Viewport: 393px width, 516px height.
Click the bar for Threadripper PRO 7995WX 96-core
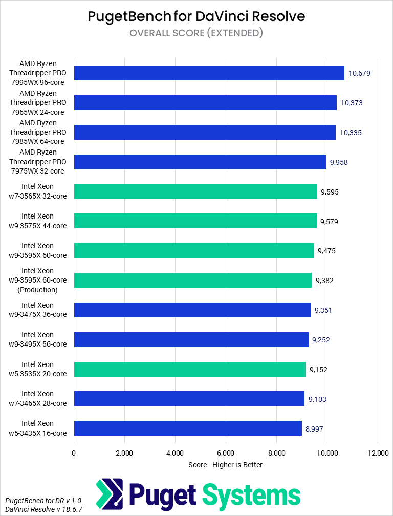point(209,73)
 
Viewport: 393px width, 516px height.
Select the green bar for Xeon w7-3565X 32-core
point(195,191)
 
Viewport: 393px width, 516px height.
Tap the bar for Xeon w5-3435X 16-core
point(188,428)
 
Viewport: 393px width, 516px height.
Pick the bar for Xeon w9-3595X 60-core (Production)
point(192,280)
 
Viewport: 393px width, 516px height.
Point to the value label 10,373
point(352,103)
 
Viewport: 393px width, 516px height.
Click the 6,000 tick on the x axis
point(226,453)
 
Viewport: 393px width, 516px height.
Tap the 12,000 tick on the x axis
point(377,453)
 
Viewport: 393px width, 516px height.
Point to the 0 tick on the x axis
point(74,453)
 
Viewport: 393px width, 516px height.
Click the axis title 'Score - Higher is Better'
point(226,465)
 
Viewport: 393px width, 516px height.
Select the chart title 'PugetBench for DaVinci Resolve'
point(196,16)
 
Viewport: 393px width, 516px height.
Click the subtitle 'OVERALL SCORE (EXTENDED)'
point(196,33)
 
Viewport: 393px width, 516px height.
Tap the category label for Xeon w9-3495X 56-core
point(45,339)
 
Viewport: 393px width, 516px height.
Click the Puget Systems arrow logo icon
point(110,493)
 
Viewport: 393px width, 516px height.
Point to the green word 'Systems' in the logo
point(251,495)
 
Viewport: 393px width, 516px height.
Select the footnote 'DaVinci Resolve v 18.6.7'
point(43,509)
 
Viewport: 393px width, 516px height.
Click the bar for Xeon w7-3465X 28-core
point(189,398)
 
